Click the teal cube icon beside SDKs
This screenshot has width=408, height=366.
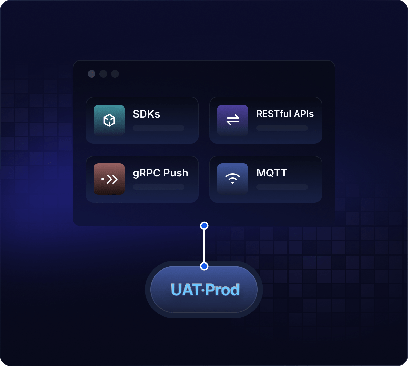pos(109,120)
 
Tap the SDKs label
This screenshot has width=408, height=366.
pos(146,114)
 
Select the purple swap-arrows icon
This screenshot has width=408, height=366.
pos(232,120)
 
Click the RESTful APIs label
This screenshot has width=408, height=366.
pos(285,114)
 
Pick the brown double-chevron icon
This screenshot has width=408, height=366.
pos(109,179)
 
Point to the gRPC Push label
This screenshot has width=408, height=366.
pos(161,173)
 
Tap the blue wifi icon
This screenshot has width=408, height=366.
pos(232,179)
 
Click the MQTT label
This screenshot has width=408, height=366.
pos(272,173)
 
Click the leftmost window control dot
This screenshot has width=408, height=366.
pos(92,74)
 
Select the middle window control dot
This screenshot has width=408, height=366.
pos(103,74)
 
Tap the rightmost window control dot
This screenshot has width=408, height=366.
pos(115,74)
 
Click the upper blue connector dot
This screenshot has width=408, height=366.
pos(204,226)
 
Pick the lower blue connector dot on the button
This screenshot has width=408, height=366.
pos(204,266)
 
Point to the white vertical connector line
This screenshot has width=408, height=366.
pos(204,246)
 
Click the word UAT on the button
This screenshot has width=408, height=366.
pos(186,290)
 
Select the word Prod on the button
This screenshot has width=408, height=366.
pos(223,290)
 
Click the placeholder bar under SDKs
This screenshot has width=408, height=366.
pos(159,128)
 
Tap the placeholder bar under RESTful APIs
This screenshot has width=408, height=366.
pos(282,128)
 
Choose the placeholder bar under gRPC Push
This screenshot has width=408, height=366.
pos(159,187)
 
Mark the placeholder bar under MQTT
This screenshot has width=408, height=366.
pos(282,187)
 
